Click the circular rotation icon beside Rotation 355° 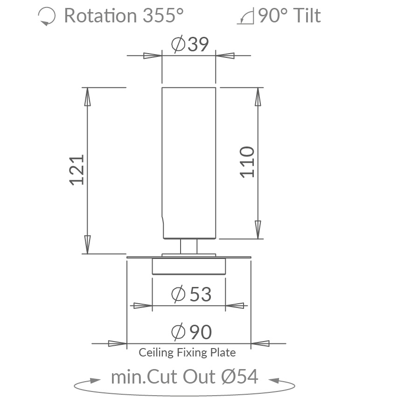[x=46, y=17]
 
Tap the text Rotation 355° [x=124, y=16]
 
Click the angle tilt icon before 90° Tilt [x=245, y=17]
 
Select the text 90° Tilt [x=289, y=16]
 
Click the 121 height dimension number [x=77, y=170]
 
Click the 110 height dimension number [x=247, y=162]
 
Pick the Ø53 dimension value [x=191, y=294]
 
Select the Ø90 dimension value [x=191, y=332]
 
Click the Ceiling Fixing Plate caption [x=187, y=352]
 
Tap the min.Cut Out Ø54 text [x=184, y=377]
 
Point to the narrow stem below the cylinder [x=189, y=246]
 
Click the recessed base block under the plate [x=189, y=266]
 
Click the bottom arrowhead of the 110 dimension [x=258, y=229]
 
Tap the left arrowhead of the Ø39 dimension [x=151, y=56]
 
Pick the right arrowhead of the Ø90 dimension [x=261, y=343]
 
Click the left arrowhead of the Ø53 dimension [x=142, y=306]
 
